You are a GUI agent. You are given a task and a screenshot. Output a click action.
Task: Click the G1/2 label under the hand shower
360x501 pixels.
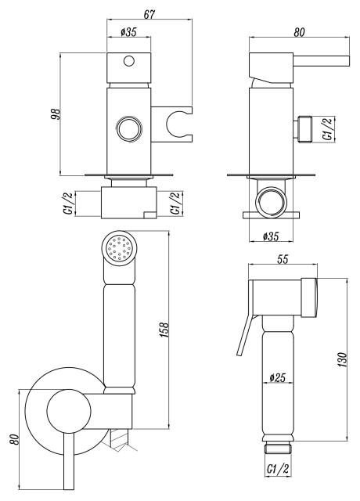point(277,469)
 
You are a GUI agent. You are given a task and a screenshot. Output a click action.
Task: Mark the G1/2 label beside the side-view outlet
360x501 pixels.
point(329,127)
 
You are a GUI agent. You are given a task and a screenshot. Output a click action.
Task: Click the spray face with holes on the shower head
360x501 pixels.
point(120,249)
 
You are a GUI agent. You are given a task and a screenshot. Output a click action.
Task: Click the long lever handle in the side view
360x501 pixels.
point(313,60)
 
